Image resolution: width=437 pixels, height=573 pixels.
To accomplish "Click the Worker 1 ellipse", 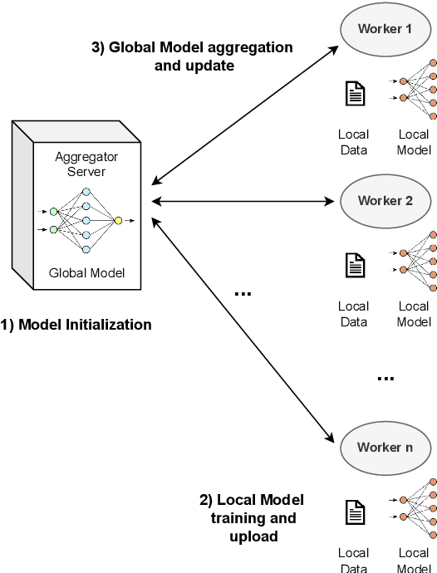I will pos(385,29).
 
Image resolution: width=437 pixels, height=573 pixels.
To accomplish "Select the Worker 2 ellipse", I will pos(385,200).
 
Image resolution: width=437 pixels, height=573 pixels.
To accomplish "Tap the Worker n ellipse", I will pos(385,447).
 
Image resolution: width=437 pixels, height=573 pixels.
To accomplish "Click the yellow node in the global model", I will pos(119,220).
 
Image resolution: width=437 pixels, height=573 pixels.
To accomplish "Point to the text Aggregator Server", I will pos(82,163).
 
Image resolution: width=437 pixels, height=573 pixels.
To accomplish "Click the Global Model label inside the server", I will pos(82,272).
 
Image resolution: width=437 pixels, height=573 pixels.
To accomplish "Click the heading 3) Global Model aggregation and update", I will pos(192,56).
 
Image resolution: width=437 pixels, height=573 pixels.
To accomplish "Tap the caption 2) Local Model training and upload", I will pos(252,518).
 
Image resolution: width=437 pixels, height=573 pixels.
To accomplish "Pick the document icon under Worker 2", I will pos(355,265).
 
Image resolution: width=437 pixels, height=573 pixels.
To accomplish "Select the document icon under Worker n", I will pos(355,512).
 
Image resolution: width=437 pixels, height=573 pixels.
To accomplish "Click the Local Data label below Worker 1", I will pos(354,142).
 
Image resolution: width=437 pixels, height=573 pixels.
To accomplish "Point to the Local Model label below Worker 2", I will pos(414,314).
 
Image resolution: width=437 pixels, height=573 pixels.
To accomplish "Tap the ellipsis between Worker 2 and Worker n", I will pos(385,379).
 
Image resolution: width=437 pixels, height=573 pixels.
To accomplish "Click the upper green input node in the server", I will pos(53,213).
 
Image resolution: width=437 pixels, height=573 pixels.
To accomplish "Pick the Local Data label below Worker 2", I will pos(354,314).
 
